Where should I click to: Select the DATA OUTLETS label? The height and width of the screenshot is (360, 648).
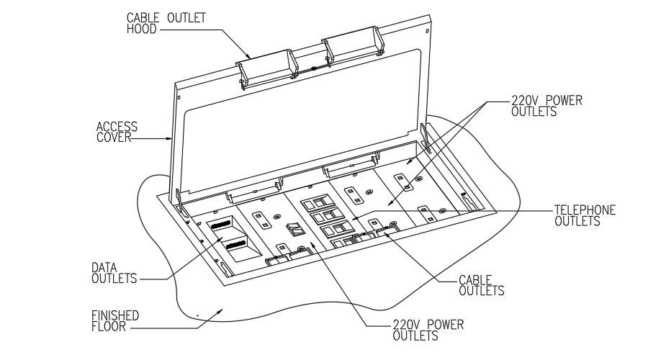click(x=115, y=273)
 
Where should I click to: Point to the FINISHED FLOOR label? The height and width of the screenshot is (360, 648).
click(x=115, y=321)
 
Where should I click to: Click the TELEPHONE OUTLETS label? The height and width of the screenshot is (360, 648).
click(x=584, y=215)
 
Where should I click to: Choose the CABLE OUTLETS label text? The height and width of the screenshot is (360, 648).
click(x=481, y=285)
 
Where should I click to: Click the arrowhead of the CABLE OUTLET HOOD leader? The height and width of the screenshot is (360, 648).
click(x=249, y=57)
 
